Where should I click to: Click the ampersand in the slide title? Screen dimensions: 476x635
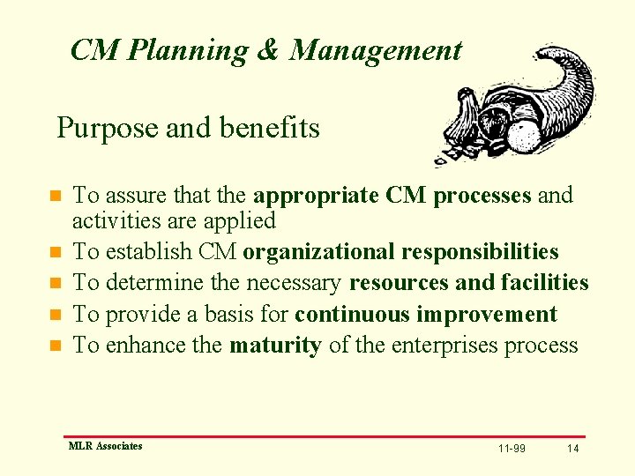click(267, 50)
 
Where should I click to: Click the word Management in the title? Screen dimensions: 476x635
click(376, 50)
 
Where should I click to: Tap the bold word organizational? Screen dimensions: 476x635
click(318, 252)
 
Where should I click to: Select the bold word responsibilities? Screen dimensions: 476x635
click(480, 252)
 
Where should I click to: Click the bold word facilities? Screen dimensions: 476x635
click(544, 283)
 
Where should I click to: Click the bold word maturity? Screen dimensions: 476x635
click(275, 345)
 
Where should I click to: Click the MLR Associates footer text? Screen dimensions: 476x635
click(105, 446)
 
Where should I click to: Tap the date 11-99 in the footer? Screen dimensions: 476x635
click(512, 449)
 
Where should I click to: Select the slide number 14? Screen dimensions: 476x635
click(573, 449)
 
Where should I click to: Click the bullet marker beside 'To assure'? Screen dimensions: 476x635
click(55, 196)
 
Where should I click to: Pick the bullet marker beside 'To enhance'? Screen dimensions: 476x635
click(55, 346)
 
